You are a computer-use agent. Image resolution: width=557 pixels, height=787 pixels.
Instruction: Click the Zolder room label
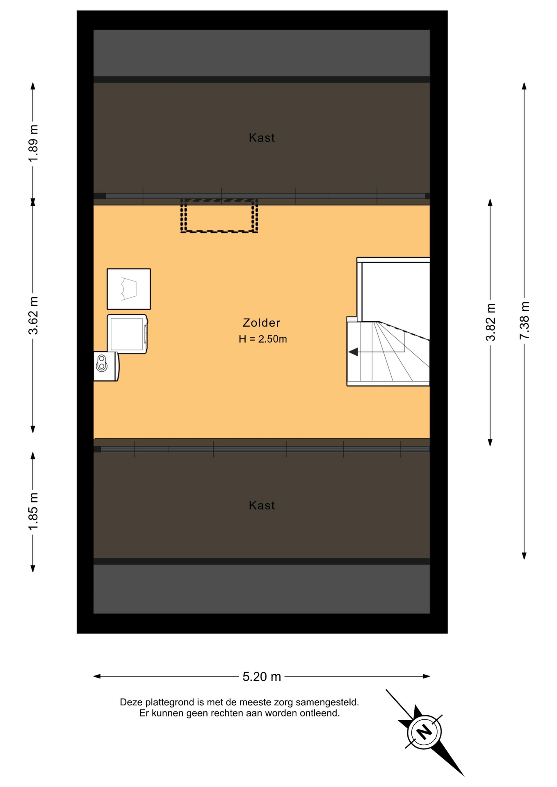(261, 323)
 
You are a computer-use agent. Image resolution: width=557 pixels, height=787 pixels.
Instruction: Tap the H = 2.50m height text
(263, 339)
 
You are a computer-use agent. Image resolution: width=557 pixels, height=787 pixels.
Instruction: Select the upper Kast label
(262, 138)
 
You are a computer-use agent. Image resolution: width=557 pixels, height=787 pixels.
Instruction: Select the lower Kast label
(262, 505)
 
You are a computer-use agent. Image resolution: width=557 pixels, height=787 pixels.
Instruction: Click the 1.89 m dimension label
(33, 143)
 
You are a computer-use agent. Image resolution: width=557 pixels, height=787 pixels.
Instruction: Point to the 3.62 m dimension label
(33, 316)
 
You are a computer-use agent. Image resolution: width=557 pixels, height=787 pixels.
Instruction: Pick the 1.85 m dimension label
(33, 512)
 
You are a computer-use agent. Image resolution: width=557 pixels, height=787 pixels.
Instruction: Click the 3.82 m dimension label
(491, 322)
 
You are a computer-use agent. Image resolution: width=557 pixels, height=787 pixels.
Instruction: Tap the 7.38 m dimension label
(525, 321)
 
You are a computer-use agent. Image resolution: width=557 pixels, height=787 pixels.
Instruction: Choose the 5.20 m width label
(262, 676)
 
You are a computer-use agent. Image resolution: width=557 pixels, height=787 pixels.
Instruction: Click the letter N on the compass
(424, 732)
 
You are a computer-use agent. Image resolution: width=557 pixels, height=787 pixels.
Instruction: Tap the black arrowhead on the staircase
(353, 352)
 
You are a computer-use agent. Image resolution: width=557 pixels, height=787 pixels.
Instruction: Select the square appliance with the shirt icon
(129, 289)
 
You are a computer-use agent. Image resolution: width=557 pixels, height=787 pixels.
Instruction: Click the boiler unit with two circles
(106, 366)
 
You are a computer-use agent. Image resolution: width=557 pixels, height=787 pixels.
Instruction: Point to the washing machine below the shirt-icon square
(127, 334)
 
